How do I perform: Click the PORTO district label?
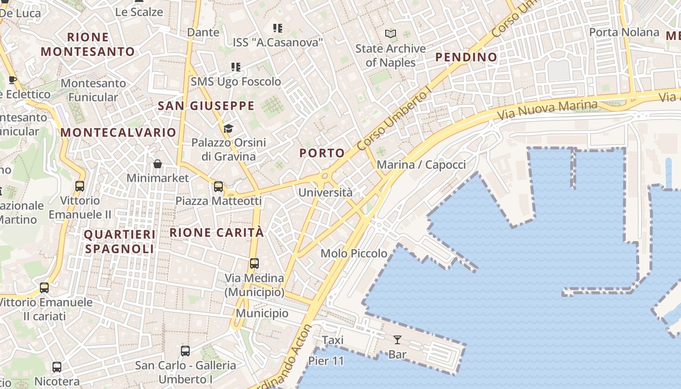(x=322, y=153)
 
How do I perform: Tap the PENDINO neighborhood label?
(x=466, y=57)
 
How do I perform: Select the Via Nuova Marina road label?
(x=547, y=111)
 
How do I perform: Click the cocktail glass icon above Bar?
(x=397, y=340)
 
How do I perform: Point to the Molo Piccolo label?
(x=354, y=253)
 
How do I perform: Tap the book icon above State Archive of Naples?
(x=391, y=34)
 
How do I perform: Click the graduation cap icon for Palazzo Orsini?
(x=228, y=128)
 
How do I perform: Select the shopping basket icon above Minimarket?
(x=158, y=164)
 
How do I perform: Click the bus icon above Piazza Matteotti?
(x=218, y=186)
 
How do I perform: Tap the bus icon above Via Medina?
(x=254, y=264)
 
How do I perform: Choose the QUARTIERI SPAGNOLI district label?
(x=120, y=242)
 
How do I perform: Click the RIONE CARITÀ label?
(x=216, y=232)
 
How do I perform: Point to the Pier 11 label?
(x=326, y=361)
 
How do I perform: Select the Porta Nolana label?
(x=624, y=33)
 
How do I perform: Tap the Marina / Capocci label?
(x=421, y=165)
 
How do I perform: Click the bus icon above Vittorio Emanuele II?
(x=80, y=186)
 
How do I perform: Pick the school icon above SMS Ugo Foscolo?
(x=236, y=67)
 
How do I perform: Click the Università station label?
(x=325, y=193)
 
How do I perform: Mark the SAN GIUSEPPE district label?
(x=206, y=106)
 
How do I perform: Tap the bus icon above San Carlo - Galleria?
(x=185, y=351)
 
